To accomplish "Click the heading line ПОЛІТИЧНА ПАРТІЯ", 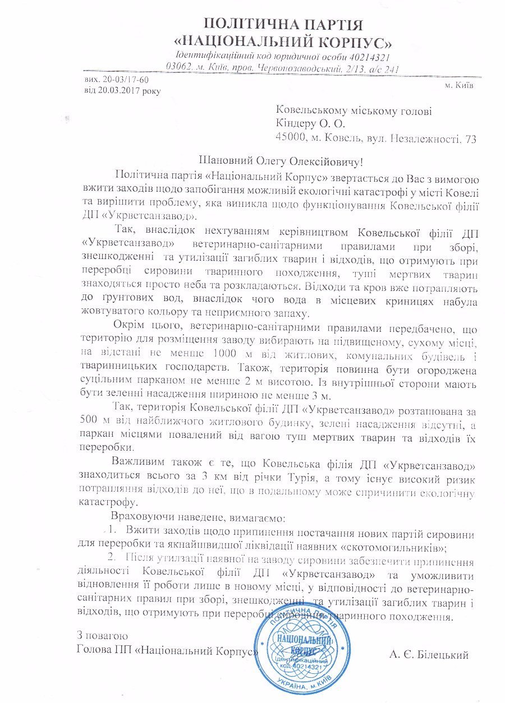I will point(283,24).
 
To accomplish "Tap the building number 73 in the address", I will point(470,138).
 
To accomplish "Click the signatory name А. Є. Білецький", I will point(428,654).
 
